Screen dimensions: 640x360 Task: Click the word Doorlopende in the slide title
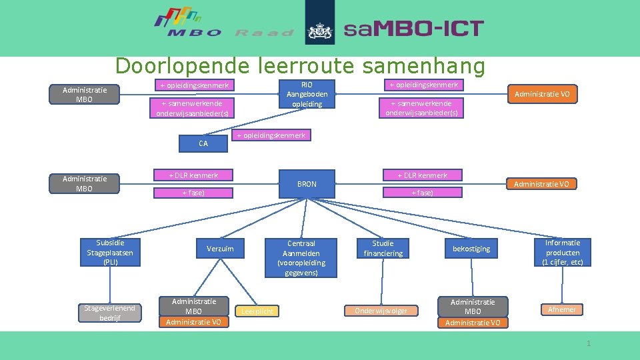[x=180, y=66]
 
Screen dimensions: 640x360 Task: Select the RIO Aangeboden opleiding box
[x=307, y=94]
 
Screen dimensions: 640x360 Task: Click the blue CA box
[x=203, y=143]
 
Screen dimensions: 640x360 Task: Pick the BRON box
[x=307, y=183]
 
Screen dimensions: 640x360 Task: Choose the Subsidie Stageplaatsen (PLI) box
[x=110, y=253]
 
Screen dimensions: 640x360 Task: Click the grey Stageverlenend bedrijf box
[x=109, y=312]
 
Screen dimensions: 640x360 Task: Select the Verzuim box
[x=220, y=249]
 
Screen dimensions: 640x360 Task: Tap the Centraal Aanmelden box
[x=301, y=257]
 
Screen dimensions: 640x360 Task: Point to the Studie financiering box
[x=383, y=249]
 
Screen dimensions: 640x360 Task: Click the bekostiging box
[x=471, y=249]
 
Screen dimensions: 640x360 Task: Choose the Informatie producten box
[x=563, y=253]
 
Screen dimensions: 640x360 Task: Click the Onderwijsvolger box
[x=381, y=311]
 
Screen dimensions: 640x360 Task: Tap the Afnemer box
[x=561, y=309]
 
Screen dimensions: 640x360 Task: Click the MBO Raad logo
[x=223, y=24]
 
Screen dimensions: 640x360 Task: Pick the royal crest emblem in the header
[x=320, y=29]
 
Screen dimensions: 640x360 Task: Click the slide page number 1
[x=588, y=343]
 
